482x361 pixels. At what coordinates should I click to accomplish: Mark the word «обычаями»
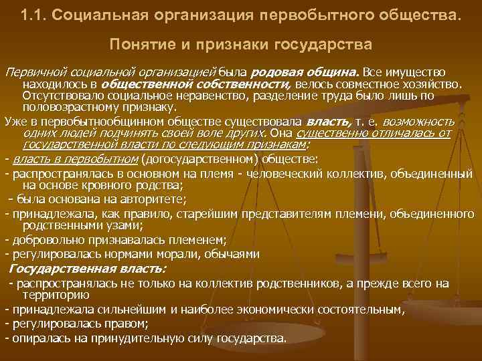[x=228, y=255]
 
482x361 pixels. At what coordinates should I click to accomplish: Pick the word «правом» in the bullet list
[x=131, y=324]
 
